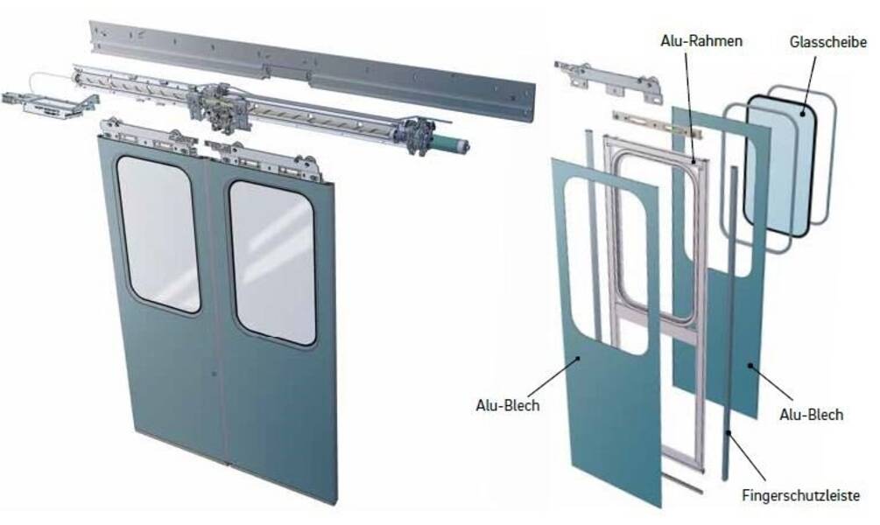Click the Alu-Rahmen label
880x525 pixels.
[x=701, y=41]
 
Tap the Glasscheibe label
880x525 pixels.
[x=827, y=41]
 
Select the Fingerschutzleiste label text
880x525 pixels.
[x=800, y=496]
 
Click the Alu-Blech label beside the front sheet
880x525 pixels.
[x=507, y=405]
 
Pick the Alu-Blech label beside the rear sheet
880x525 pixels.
[x=811, y=415]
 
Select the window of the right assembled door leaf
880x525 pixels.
[x=272, y=262]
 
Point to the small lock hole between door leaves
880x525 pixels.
[x=214, y=373]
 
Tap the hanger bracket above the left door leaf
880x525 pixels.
[x=148, y=137]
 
